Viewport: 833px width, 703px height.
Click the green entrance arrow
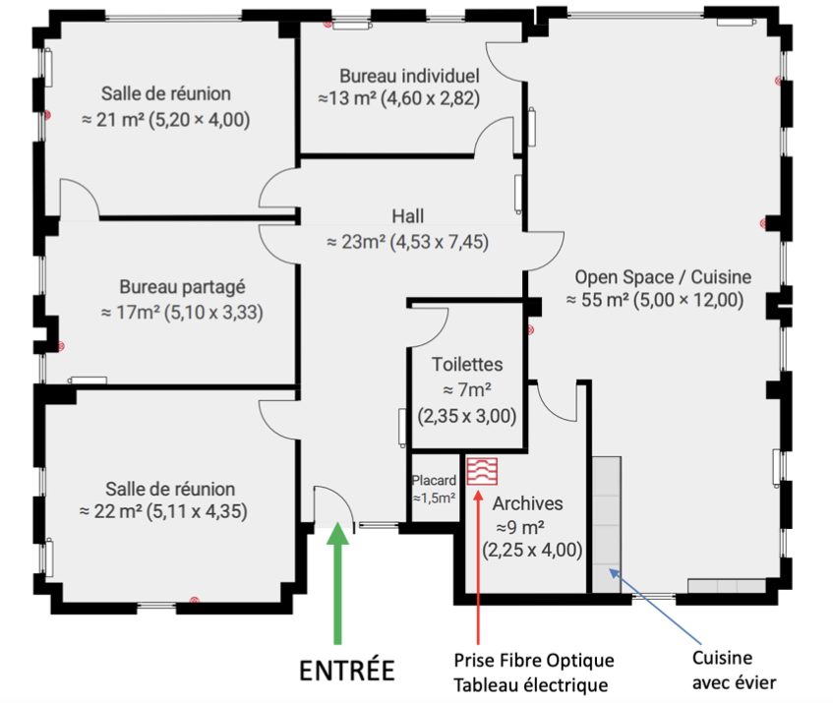click(337, 583)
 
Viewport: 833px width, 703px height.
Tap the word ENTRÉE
click(347, 671)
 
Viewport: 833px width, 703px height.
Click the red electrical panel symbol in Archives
click(482, 472)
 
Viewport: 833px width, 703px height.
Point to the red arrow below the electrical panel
click(478, 567)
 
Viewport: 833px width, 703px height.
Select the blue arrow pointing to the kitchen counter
click(655, 608)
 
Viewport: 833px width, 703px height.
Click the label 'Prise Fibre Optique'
click(534, 661)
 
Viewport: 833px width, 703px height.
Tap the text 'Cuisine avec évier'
click(734, 671)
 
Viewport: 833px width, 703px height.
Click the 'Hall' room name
click(408, 216)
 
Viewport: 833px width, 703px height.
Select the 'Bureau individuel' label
click(409, 76)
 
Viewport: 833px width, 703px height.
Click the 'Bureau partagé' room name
click(182, 287)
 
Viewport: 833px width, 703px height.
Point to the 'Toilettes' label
click(467, 364)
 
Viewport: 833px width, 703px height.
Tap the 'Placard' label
click(434, 480)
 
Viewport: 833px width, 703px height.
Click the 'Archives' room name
click(527, 503)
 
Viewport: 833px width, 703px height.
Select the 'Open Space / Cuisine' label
click(663, 277)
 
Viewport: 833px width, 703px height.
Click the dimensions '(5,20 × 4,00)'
click(200, 120)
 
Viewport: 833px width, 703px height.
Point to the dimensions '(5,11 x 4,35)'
click(197, 511)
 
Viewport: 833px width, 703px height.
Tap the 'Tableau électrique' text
click(531, 685)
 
